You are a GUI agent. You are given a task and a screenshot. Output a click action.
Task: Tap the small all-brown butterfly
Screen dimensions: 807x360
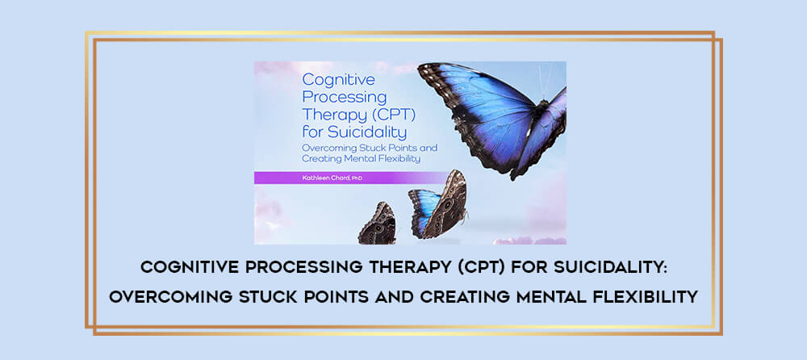click(x=378, y=224)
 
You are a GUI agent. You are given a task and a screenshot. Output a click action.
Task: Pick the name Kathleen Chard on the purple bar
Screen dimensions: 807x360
click(x=324, y=178)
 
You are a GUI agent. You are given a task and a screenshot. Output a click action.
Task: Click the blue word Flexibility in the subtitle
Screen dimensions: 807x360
click(x=397, y=159)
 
